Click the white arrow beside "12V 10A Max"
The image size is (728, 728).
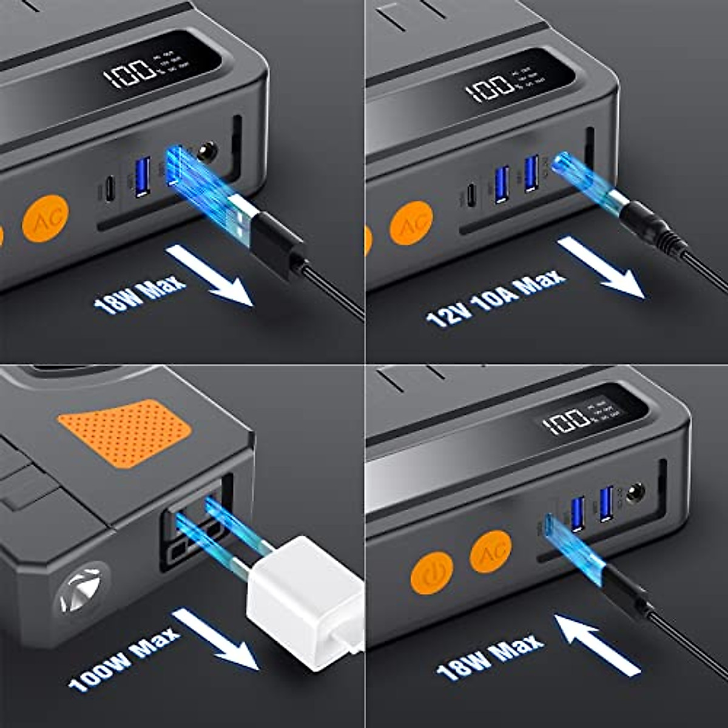point(601,267)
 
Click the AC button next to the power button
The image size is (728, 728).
point(490,551)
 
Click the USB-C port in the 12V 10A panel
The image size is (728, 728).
point(471,195)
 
